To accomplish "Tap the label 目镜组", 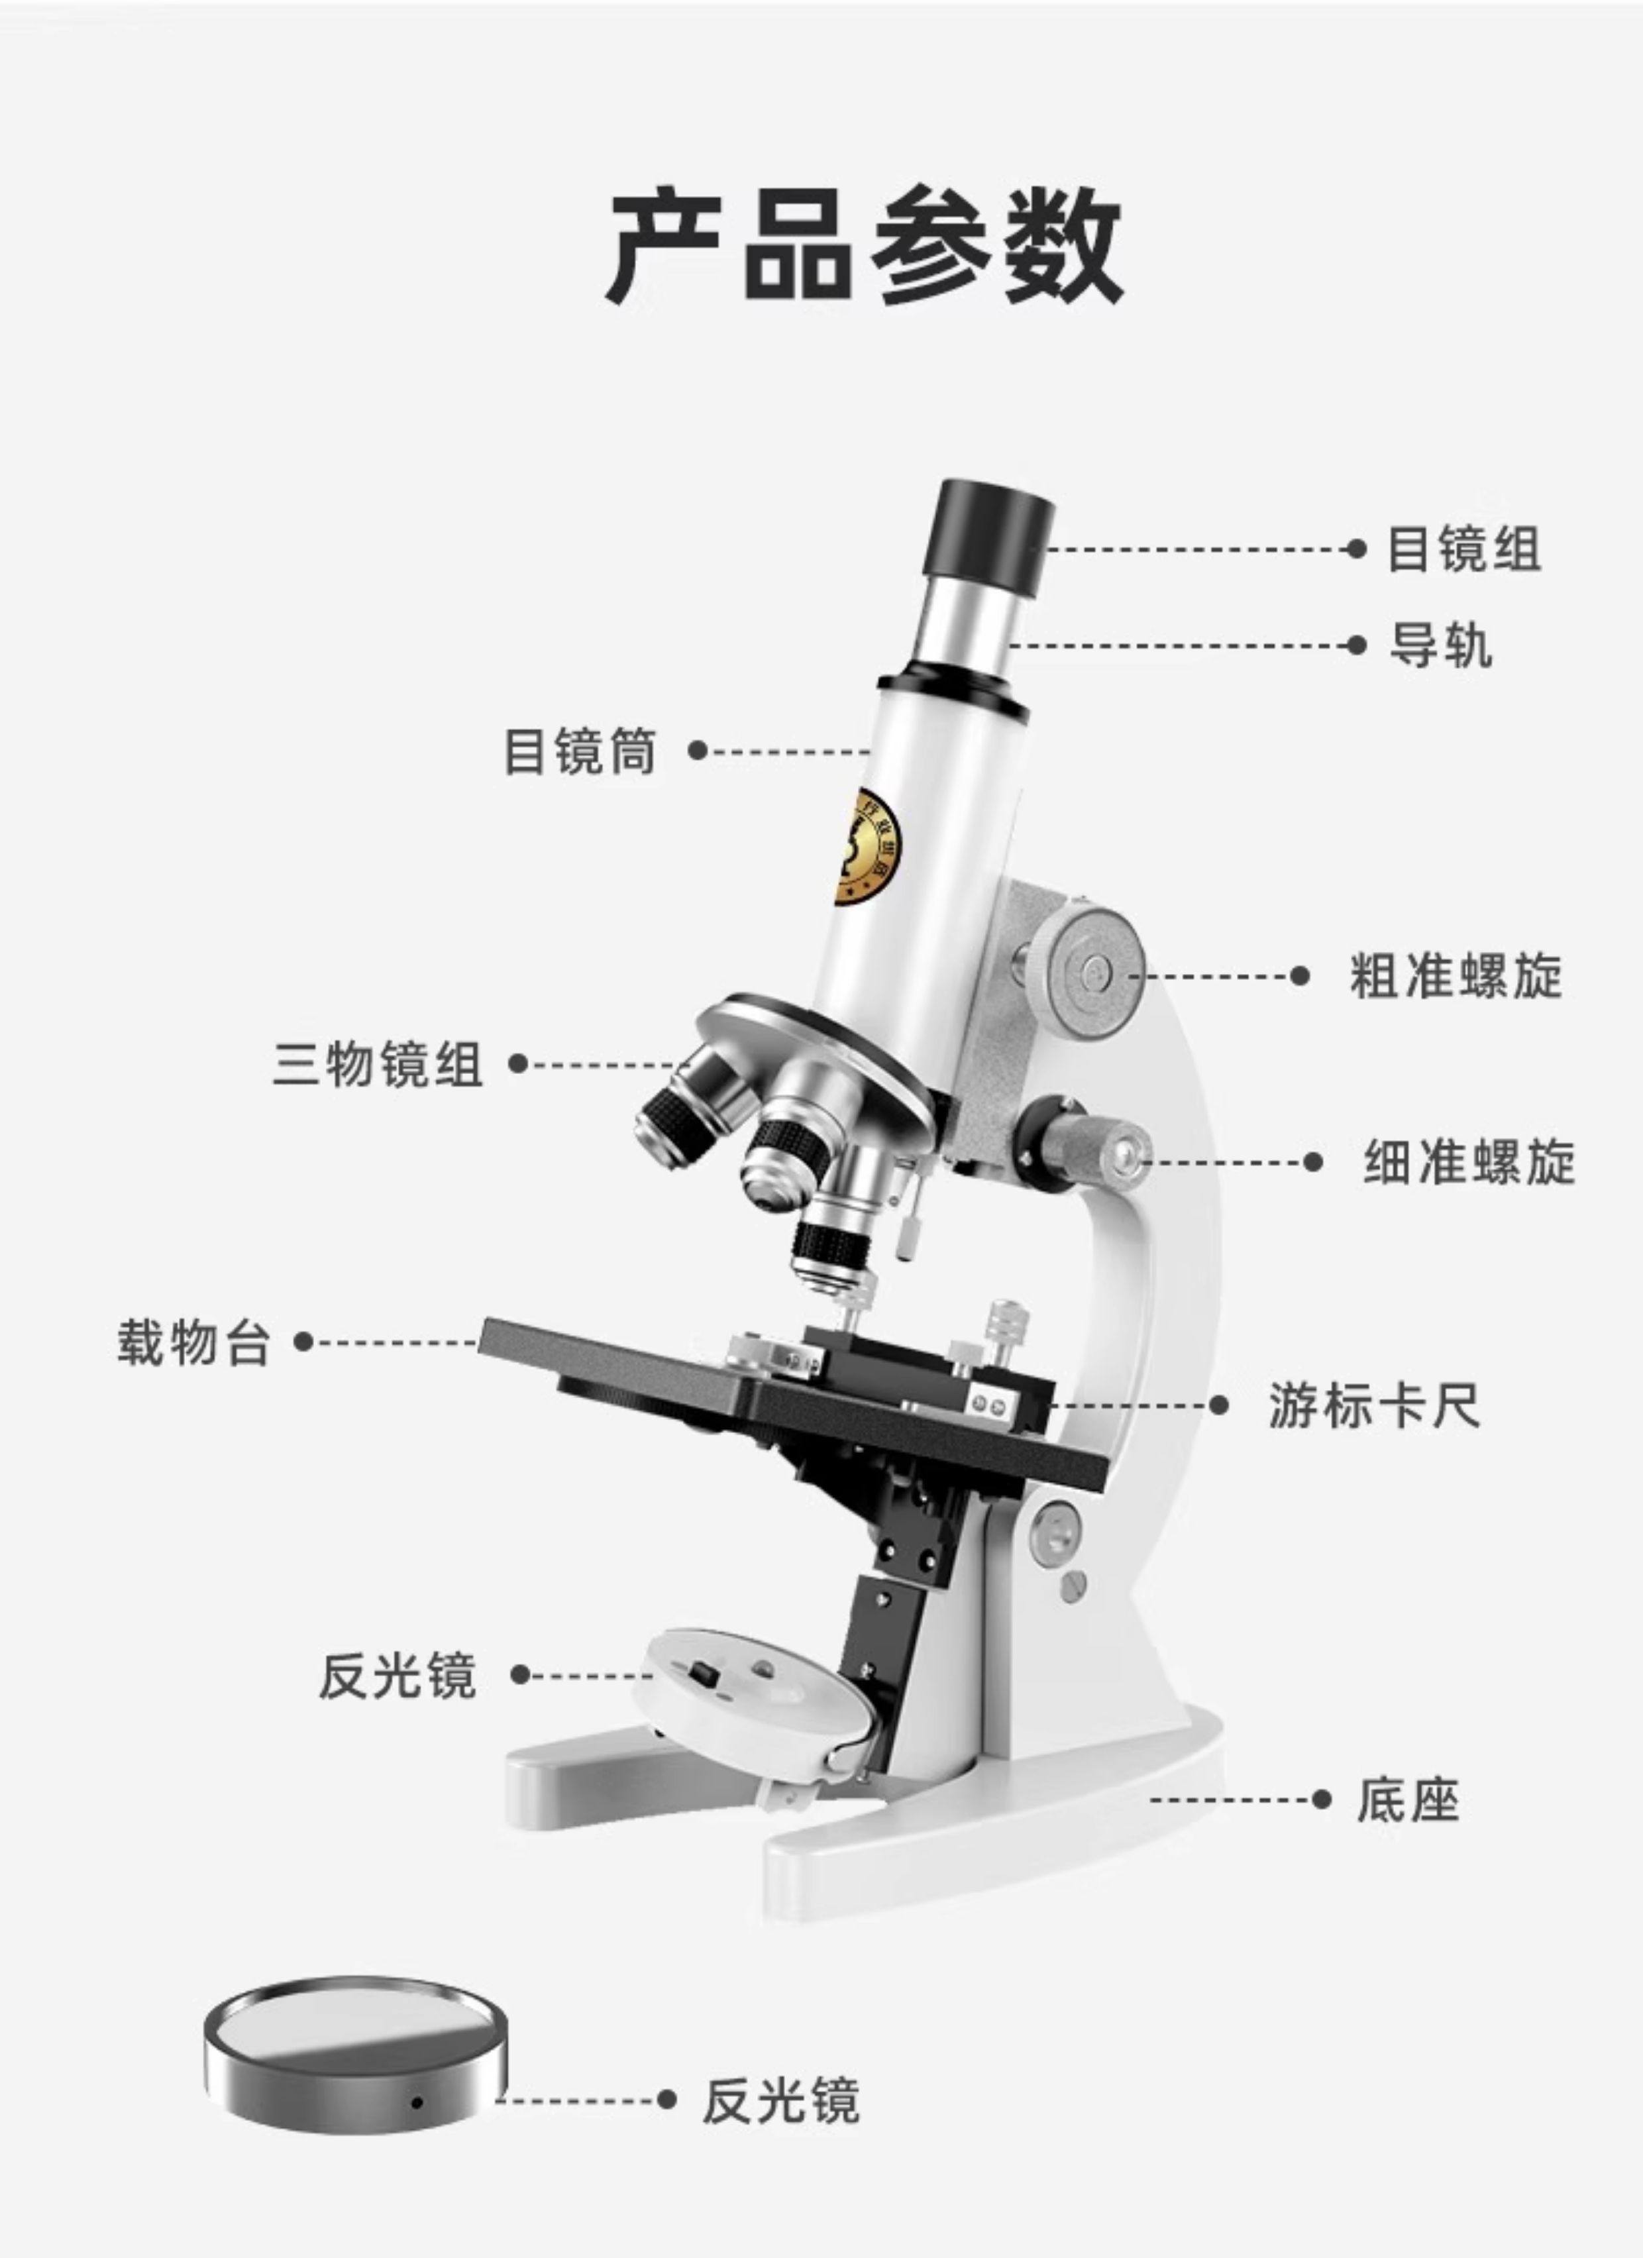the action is pos(1463,549).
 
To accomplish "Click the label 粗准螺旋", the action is pos(1456,976).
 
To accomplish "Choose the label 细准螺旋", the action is pos(1469,1162).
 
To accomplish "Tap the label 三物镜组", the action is pos(378,1064).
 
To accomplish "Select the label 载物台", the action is pos(194,1343).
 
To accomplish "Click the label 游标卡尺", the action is pos(1374,1406).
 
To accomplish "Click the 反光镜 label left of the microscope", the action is pos(397,1676).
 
